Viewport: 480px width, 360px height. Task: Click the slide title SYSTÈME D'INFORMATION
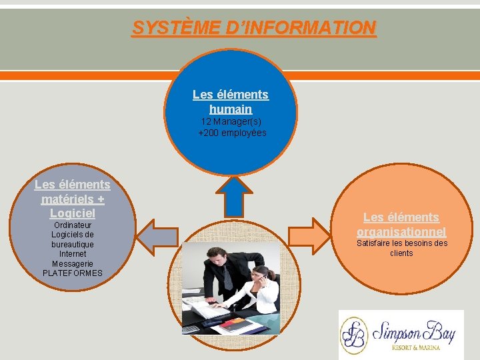[x=254, y=28]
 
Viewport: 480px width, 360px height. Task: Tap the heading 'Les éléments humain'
[x=231, y=101]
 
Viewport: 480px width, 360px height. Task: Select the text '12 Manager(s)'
[x=231, y=122]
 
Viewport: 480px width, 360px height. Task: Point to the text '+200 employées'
[x=232, y=133]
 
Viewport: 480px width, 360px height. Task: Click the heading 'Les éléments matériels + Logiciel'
[x=73, y=199]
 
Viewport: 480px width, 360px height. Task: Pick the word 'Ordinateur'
[x=73, y=225]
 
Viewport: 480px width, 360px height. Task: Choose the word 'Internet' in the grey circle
[x=73, y=254]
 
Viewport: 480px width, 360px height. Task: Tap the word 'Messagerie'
[x=73, y=263]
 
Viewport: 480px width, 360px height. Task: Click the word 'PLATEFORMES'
[x=73, y=273]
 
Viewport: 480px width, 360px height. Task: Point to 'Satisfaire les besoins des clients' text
[x=401, y=248]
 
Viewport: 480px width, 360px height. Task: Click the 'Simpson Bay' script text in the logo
[x=413, y=331]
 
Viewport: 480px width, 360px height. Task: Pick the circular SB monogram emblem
[x=355, y=335]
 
